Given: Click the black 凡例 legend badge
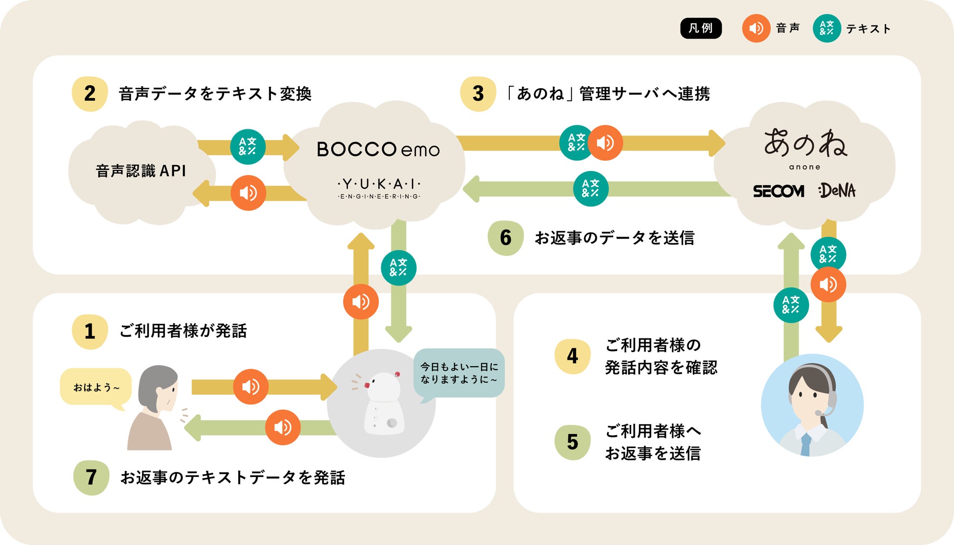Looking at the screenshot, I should [701, 28].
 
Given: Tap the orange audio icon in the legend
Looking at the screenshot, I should [756, 28].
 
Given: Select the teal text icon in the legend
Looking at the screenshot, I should [826, 28].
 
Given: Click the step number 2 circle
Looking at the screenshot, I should [90, 94].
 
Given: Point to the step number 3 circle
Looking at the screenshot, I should [478, 94].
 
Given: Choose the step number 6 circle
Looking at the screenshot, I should [505, 237].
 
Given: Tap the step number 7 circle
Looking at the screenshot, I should [91, 477].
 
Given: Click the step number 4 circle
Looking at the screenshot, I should [572, 356].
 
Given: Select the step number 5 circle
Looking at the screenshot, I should [572, 442].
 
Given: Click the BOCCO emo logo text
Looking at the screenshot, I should [378, 149].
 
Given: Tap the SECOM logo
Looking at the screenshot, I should [778, 191].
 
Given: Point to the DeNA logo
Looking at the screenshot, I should [837, 190].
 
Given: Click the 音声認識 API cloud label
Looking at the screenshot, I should [141, 171].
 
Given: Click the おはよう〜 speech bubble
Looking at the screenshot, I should [96, 387].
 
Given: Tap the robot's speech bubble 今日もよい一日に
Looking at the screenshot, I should [459, 373].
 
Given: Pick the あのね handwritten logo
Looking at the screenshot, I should [805, 144].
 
